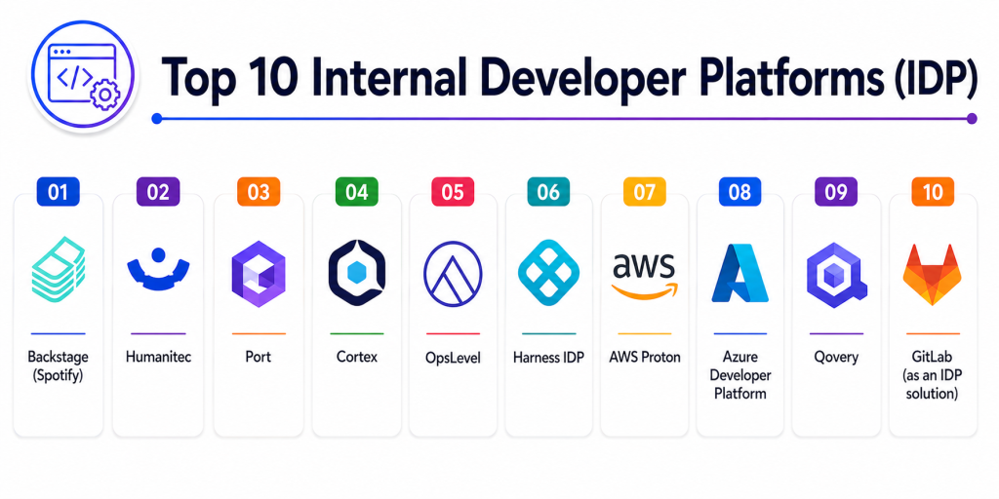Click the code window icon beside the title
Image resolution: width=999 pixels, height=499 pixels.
[82, 76]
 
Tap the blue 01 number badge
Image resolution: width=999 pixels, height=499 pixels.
[58, 192]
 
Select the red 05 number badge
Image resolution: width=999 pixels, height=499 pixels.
[453, 192]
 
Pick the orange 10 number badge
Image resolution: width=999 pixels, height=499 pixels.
[933, 192]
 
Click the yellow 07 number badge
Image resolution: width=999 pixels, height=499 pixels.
[644, 192]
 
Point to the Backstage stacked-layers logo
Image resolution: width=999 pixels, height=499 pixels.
[58, 269]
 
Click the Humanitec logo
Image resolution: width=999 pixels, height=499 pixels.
[158, 270]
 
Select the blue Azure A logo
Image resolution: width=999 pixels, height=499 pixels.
[739, 273]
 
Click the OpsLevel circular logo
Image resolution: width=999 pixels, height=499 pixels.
[453, 274]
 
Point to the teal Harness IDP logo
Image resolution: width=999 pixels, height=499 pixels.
[548, 273]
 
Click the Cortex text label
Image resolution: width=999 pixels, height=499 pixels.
[357, 357]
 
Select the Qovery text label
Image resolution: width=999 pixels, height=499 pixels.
[836, 357]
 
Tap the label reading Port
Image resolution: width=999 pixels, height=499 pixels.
[258, 357]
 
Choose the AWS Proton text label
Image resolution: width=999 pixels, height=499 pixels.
[644, 357]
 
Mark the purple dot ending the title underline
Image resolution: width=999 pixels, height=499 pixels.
[972, 118]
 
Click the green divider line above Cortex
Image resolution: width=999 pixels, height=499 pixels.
[357, 333]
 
